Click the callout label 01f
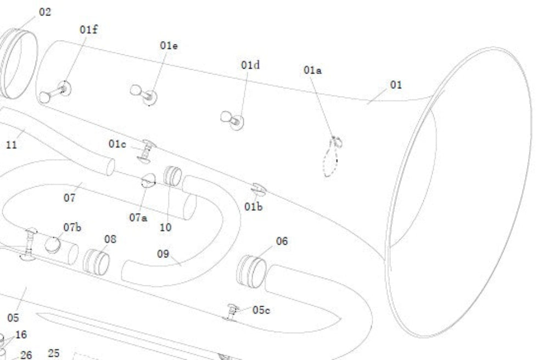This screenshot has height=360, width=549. pos(88,30)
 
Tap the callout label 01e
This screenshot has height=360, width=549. pos(169,45)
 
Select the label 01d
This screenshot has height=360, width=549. pos(250,65)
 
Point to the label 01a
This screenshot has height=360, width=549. pos(312,70)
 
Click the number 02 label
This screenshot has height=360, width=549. pos(45,12)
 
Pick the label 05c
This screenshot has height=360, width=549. pos(261,310)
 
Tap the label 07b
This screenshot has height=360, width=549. pos(72,227)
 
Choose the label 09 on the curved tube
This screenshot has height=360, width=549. pos(163,254)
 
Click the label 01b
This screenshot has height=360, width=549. pos(253,206)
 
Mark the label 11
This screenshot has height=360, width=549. pos(11,144)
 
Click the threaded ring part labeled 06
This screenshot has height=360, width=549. pos(251,272)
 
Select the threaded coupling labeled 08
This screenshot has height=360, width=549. pos(96,262)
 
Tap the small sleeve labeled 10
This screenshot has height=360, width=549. pos(172,176)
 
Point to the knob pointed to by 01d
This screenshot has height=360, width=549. pos(232,120)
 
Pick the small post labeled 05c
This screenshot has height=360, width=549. pos(232,312)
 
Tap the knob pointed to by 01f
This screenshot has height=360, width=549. pos(55,92)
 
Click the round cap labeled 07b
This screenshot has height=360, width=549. pos(53,245)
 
